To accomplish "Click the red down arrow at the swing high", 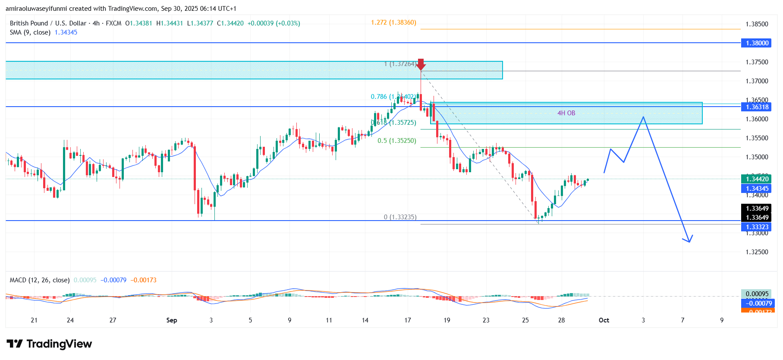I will click(x=421, y=64).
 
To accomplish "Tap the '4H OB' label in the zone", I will click(x=566, y=113).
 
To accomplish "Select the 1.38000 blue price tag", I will click(x=758, y=43).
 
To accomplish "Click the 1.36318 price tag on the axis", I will click(x=758, y=107).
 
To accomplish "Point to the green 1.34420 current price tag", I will click(x=758, y=179).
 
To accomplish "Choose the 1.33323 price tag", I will click(x=758, y=227).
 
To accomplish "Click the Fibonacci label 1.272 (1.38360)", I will click(x=393, y=22).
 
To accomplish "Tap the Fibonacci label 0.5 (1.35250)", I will click(x=396, y=141).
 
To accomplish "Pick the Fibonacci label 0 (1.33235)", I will click(x=400, y=217).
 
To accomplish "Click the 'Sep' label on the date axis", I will click(x=172, y=320).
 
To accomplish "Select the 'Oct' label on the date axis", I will click(x=604, y=320).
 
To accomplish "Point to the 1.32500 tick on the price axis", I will click(x=757, y=252).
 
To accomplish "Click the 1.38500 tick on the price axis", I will click(x=757, y=24).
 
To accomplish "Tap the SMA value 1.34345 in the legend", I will click(x=66, y=32).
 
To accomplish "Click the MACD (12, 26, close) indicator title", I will click(x=40, y=280).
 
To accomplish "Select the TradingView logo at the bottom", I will click(x=49, y=344).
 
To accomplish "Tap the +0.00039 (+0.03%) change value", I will click(x=274, y=23).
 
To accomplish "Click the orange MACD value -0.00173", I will click(x=144, y=280).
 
